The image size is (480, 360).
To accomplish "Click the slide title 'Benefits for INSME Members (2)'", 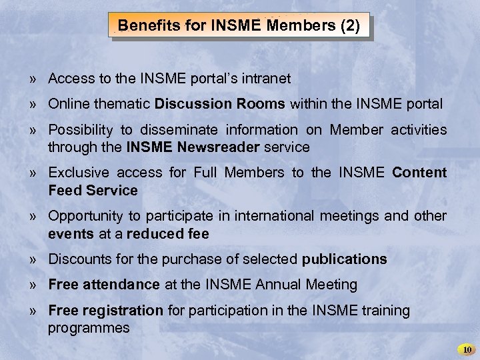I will (x=239, y=27).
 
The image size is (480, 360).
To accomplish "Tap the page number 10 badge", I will (x=467, y=349).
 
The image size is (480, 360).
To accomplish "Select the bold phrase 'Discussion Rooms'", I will (x=220, y=104).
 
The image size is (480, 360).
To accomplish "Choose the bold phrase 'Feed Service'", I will (x=93, y=191).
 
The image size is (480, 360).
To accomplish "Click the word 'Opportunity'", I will (x=89, y=216).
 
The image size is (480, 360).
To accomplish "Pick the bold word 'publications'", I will (x=344, y=259).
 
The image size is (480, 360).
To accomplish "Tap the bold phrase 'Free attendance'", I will (x=104, y=285).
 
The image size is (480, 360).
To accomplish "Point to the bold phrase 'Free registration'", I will (x=105, y=310).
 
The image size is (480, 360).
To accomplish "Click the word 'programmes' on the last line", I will (x=89, y=328).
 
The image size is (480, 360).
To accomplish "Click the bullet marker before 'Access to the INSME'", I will (x=33, y=79).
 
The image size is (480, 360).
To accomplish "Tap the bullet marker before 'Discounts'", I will (x=33, y=259).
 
